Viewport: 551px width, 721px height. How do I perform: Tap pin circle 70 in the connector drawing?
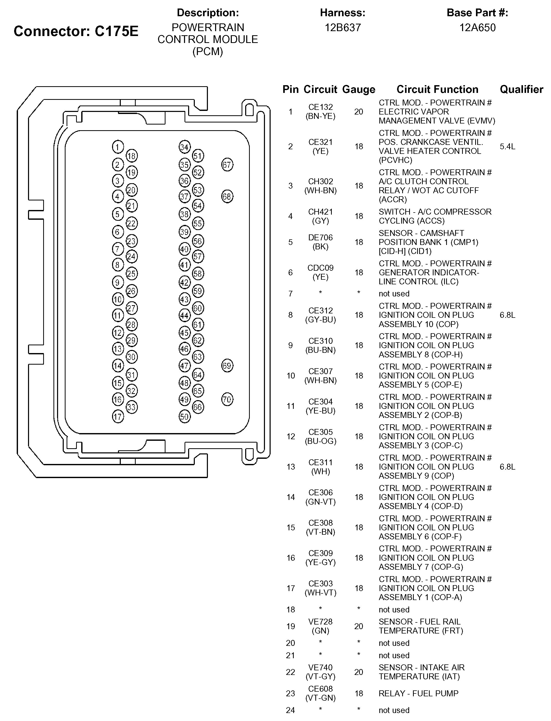point(227,400)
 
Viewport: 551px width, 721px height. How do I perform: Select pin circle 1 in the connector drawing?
point(118,147)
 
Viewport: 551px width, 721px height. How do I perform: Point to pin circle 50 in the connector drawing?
point(185,417)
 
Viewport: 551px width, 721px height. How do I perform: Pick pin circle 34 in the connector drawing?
point(185,147)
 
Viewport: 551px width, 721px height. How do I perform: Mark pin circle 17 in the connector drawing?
point(118,417)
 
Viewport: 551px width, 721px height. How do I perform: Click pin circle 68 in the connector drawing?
point(227,196)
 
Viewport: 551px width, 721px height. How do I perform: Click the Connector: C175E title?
point(76,31)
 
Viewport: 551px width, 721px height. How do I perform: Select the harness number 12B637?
point(343,28)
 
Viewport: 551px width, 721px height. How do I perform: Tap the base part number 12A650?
point(477,28)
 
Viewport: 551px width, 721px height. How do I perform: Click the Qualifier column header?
point(521,89)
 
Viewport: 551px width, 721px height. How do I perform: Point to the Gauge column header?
point(359,89)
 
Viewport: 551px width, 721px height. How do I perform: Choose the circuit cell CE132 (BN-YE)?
point(320,112)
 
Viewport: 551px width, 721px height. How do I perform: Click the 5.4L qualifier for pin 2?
point(507,146)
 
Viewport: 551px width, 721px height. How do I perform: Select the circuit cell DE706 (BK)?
point(320,242)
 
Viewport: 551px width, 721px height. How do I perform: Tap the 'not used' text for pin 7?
point(394,294)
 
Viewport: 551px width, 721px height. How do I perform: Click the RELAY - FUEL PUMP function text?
point(418,693)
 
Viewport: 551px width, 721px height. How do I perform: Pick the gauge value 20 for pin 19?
point(359,626)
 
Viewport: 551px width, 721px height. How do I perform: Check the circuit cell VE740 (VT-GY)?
point(320,672)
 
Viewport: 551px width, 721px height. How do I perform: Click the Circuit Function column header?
point(437,89)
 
